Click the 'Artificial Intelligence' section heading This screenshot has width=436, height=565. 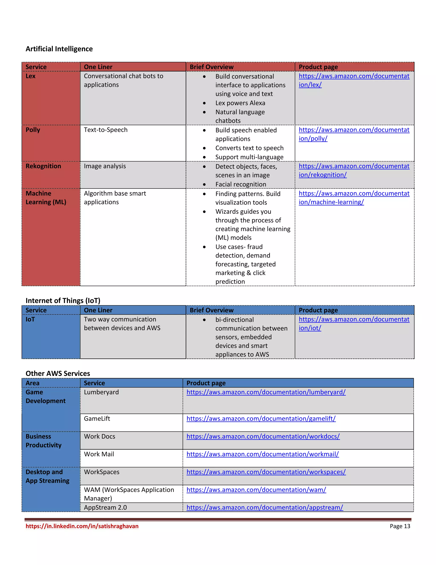[x=59, y=49]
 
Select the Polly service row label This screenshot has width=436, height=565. [x=33, y=130]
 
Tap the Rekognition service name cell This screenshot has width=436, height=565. [x=43, y=166]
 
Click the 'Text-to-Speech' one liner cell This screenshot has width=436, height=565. [x=106, y=130]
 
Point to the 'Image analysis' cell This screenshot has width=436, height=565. [x=105, y=166]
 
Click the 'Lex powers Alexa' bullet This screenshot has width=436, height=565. [x=240, y=103]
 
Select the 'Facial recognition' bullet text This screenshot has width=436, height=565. [x=241, y=184]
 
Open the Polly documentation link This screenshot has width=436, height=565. [x=354, y=134]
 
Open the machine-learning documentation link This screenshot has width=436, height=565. [x=354, y=198]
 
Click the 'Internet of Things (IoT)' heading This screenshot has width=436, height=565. [x=63, y=300]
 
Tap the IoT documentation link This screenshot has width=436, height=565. [x=354, y=323]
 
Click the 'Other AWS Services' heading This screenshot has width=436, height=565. [x=58, y=373]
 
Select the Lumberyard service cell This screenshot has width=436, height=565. [x=101, y=392]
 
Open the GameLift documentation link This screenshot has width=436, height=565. [x=261, y=419]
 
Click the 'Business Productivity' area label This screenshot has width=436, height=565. [x=43, y=441]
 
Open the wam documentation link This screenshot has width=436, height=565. [x=256, y=490]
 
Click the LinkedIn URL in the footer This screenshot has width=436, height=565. [x=82, y=526]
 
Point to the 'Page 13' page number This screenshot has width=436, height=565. [x=400, y=526]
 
